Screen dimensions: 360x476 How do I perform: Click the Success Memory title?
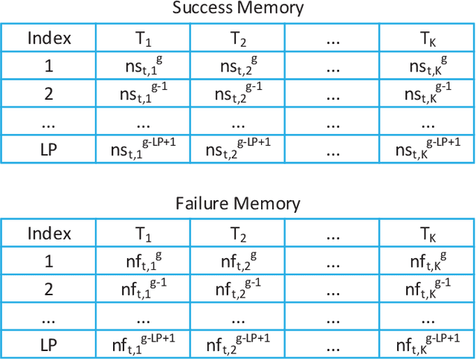pyautogui.click(x=238, y=9)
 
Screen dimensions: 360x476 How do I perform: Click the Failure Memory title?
pyautogui.click(x=238, y=203)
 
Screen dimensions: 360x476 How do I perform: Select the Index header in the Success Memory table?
pyautogui.click(x=49, y=38)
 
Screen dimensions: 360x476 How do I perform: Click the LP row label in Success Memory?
pyautogui.click(x=49, y=149)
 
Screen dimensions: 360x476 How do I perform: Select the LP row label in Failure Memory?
pyautogui.click(x=49, y=343)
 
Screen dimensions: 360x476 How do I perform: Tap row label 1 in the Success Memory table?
pyautogui.click(x=49, y=65)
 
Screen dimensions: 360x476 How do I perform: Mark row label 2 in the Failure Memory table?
pyautogui.click(x=49, y=288)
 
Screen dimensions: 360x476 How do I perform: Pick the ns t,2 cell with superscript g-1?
pyautogui.click(x=237, y=94)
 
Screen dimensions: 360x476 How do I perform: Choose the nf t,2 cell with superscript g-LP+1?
pyautogui.click(x=237, y=343)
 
